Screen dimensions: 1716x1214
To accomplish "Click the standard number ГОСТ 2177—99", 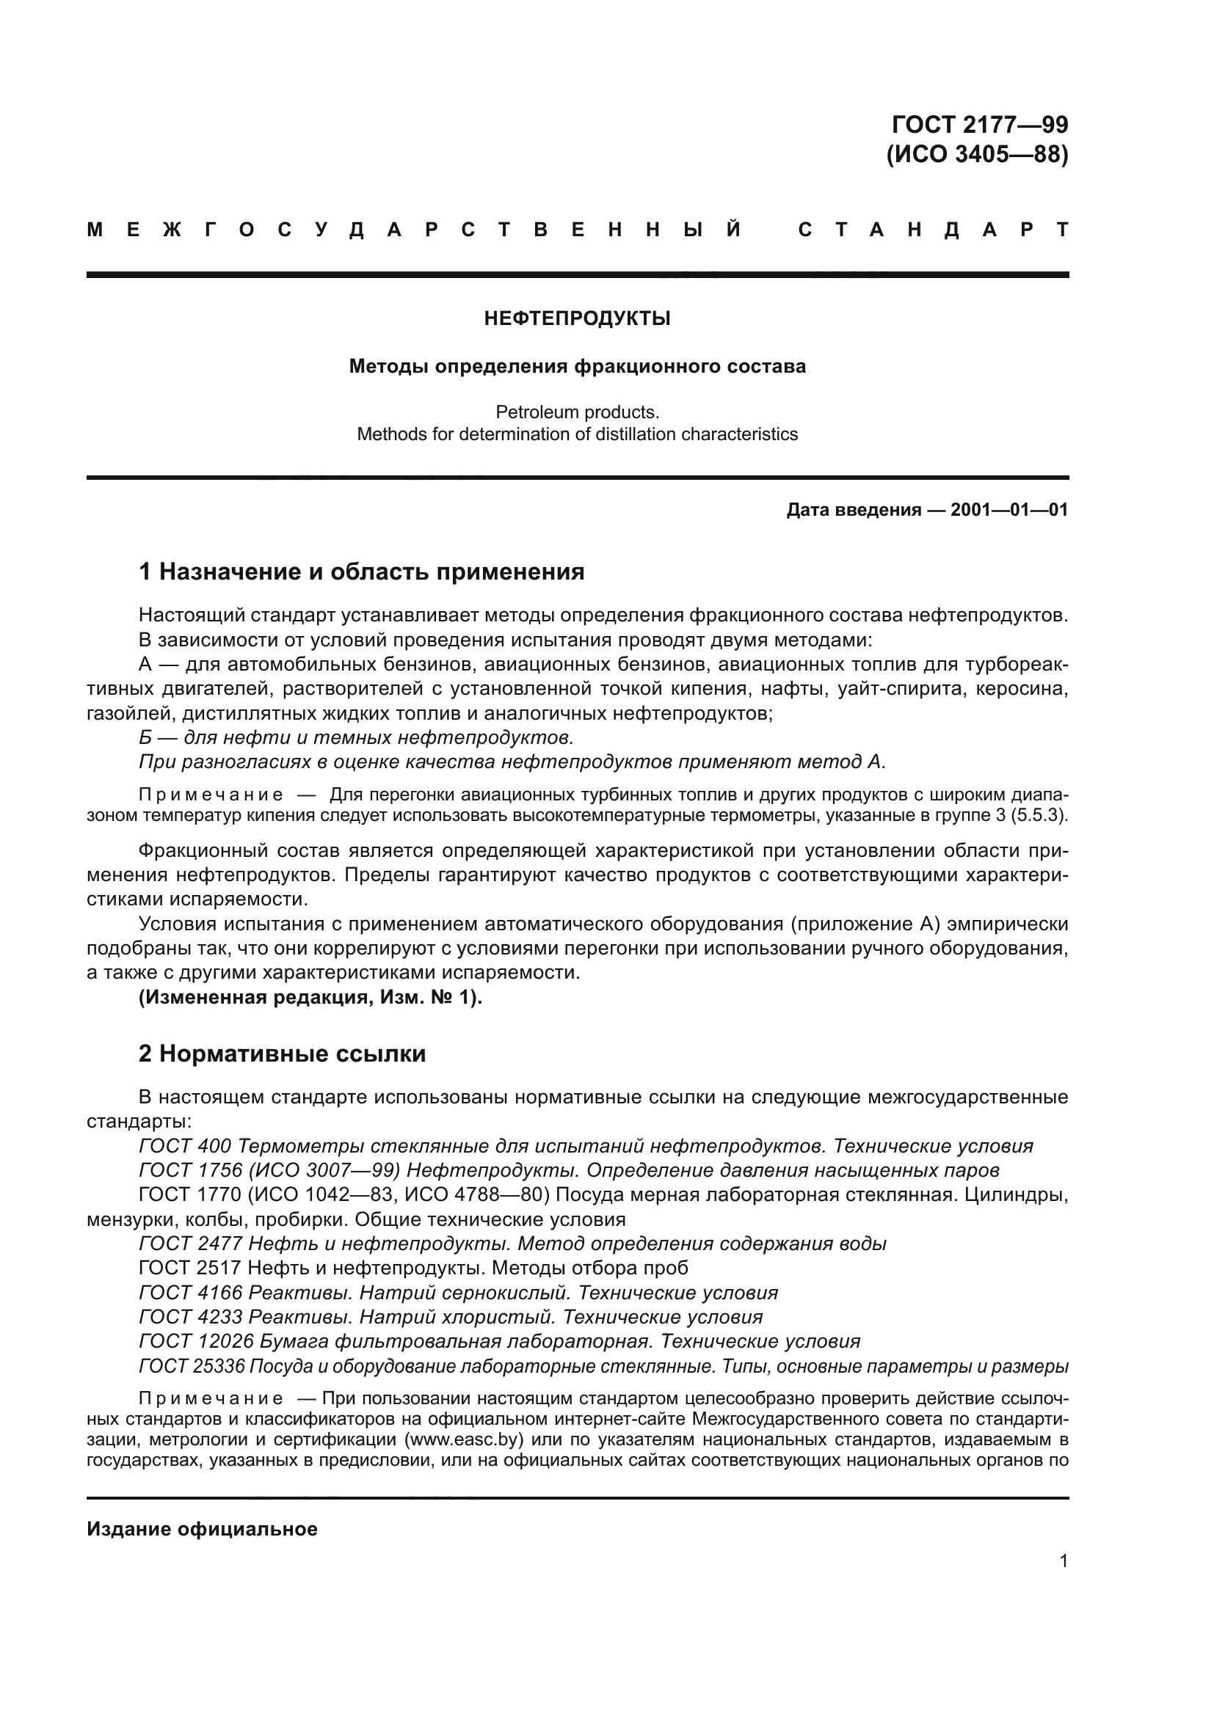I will click(978, 124).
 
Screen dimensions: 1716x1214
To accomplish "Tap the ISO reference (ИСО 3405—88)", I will click(977, 154).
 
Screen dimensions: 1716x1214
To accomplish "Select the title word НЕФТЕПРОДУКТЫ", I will click(577, 319).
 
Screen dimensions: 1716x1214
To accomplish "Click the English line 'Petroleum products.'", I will click(577, 412).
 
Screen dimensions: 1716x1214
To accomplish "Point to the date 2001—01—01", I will click(1009, 511).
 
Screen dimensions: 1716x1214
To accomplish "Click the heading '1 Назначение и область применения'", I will click(361, 572).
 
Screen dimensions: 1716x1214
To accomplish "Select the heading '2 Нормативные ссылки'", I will click(282, 1054).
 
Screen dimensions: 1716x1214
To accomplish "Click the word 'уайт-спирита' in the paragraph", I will click(889, 688).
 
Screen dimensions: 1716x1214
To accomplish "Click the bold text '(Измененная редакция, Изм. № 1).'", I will click(310, 998).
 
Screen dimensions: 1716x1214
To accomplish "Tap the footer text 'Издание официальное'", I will click(202, 1529).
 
